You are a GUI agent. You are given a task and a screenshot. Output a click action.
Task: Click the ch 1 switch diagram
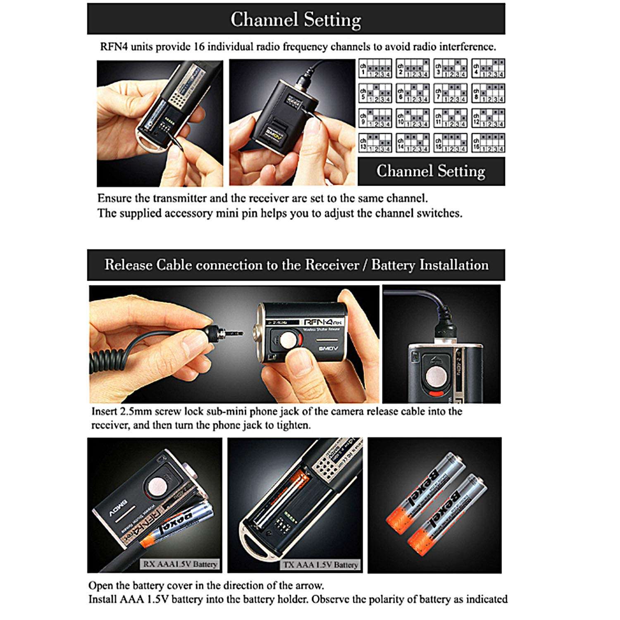(375, 69)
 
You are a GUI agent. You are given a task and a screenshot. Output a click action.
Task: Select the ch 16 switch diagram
(488, 143)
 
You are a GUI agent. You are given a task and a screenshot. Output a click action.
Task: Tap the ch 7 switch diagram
(451, 93)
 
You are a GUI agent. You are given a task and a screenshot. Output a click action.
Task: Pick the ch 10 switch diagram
(413, 118)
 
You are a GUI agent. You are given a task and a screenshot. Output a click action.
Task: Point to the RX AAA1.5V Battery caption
(179, 564)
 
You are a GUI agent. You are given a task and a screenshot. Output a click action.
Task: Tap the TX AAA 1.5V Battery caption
(320, 565)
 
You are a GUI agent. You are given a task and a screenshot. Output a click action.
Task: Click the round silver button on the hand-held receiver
(289, 341)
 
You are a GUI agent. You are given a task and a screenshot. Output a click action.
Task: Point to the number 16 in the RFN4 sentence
(199, 47)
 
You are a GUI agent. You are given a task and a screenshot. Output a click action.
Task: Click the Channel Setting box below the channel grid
(431, 171)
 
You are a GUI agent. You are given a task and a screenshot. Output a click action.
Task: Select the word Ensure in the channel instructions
(114, 198)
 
